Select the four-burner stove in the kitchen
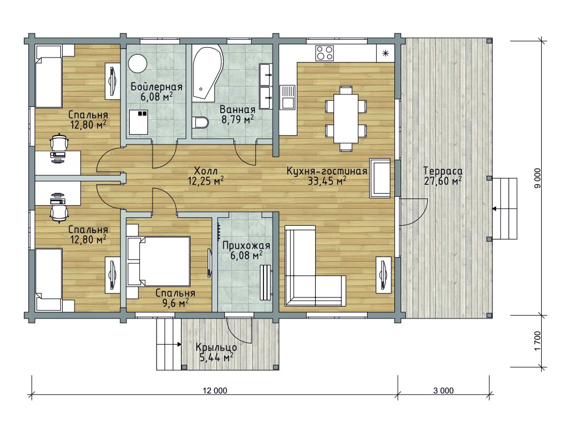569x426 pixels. pyautogui.click(x=324, y=53)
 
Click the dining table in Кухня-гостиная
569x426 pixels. pyautogui.click(x=346, y=118)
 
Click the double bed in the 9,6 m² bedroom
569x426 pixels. pyautogui.click(x=159, y=261)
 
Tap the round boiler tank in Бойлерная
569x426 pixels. pyautogui.click(x=138, y=64)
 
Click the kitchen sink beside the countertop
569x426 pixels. pyautogui.click(x=288, y=97)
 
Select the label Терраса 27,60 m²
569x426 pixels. pyautogui.click(x=443, y=176)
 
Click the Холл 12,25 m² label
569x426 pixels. pyautogui.click(x=205, y=176)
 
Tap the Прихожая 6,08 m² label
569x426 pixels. pyautogui.click(x=246, y=251)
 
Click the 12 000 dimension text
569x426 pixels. pyautogui.click(x=215, y=390)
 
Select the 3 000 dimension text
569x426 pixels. pyautogui.click(x=443, y=390)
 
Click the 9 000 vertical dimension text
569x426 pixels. pyautogui.click(x=538, y=178)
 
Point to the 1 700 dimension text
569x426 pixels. pyautogui.click(x=538, y=341)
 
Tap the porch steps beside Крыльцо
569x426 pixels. pyautogui.click(x=169, y=344)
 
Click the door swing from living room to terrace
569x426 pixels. pyautogui.click(x=414, y=212)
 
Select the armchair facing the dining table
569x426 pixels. pyautogui.click(x=380, y=178)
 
